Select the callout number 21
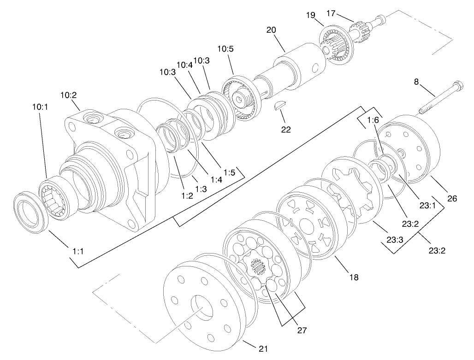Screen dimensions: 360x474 [x=263, y=348]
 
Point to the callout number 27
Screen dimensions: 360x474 [x=302, y=330]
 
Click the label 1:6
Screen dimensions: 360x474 [x=373, y=121]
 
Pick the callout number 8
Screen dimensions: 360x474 [x=416, y=82]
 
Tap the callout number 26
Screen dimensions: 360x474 [x=452, y=199]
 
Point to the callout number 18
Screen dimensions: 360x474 [x=354, y=277]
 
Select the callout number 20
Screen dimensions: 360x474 [x=271, y=30]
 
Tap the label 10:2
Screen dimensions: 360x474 [x=68, y=95]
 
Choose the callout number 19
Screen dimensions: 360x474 [x=311, y=15]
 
